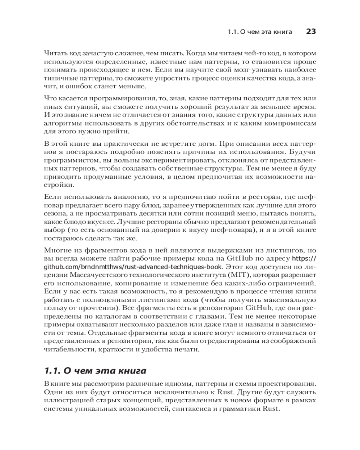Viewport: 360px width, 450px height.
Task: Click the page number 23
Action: (x=311, y=31)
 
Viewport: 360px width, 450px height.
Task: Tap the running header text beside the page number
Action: (x=260, y=32)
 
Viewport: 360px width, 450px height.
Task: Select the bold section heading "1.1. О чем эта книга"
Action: (x=95, y=371)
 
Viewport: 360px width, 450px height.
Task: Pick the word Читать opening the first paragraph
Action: (x=55, y=53)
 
